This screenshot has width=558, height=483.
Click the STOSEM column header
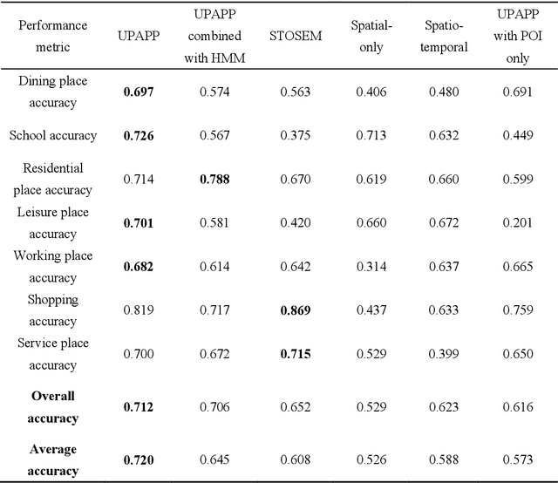296,37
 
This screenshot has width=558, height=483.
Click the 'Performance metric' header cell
49,37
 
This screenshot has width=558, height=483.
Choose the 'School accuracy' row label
52,135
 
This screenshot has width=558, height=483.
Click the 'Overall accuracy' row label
52,407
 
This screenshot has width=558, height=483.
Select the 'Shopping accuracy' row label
52,310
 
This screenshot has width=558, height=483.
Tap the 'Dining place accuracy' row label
52,92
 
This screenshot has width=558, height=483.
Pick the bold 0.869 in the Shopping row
296,310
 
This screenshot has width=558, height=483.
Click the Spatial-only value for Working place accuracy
371,267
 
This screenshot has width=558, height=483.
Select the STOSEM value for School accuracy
296,135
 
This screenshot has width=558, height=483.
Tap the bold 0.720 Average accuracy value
138,459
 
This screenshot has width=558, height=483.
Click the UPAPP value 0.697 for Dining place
138,92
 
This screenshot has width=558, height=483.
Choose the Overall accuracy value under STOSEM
296,407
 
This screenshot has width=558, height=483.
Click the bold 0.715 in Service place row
296,354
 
